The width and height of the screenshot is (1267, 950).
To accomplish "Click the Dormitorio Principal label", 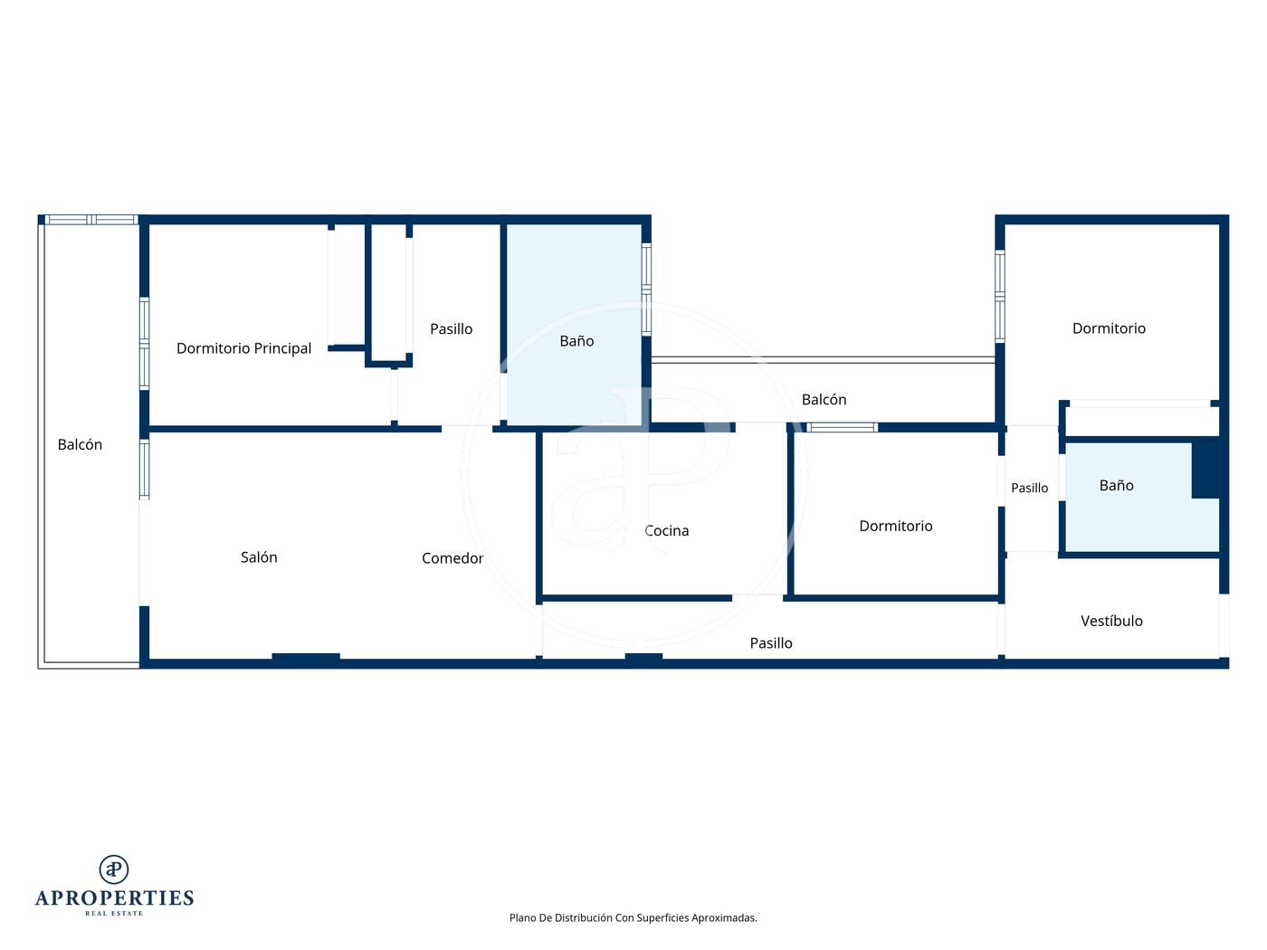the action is point(243,348).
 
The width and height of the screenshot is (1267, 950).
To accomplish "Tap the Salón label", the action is point(259,557).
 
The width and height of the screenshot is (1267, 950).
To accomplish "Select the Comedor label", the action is point(452,558).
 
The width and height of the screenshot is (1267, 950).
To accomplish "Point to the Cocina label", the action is point(667,531).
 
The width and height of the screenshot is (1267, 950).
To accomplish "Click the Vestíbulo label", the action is point(1111,621).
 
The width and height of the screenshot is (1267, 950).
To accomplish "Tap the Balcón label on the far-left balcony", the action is point(80,445).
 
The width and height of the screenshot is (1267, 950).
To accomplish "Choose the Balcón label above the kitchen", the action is point(824,400).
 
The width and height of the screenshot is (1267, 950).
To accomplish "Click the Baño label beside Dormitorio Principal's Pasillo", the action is point(576,341).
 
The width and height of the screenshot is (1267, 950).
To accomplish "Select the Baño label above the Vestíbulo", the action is point(1117,485).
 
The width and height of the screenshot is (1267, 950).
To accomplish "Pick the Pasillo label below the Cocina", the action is point(771,643).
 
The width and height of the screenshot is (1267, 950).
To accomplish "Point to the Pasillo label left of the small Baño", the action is point(1030,488).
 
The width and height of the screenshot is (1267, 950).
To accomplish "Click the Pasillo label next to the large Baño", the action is point(452,328).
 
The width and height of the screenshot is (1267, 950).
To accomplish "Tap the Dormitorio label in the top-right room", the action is point(1109,328).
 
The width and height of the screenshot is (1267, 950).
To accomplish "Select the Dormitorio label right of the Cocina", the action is point(896,526).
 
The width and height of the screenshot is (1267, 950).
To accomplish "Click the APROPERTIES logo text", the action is point(114,898).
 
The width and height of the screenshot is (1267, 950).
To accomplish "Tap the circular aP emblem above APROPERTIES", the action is point(114,869).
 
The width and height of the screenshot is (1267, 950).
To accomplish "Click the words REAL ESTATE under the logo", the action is point(114,914).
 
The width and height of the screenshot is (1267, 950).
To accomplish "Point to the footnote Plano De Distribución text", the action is point(633,917).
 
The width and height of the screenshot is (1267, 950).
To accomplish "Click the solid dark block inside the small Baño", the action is point(1205,469).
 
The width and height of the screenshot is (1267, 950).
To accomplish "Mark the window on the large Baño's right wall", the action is point(646,290).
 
